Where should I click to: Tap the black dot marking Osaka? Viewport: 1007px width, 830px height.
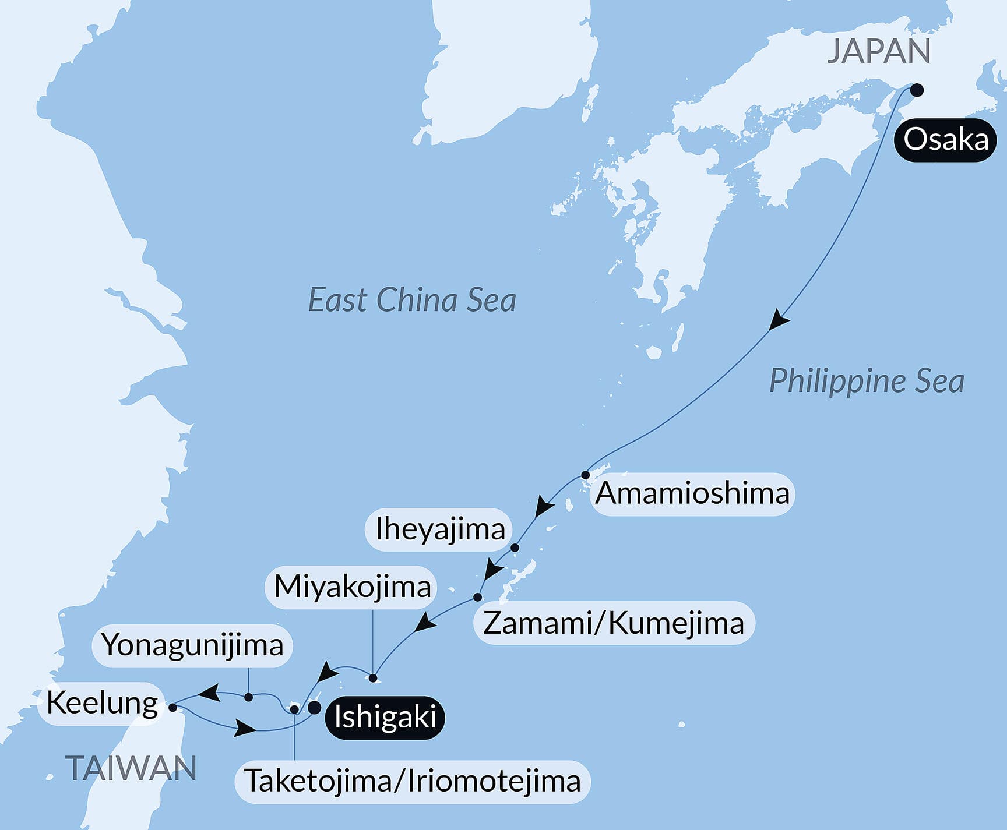(x=917, y=90)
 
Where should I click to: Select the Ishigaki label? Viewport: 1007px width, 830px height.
(x=385, y=717)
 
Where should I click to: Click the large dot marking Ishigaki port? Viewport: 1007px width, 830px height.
(x=314, y=708)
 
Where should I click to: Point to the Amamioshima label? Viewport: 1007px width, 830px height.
(x=692, y=493)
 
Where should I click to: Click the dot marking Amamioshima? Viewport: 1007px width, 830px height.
(x=586, y=475)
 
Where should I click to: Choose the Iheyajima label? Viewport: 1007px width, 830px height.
(x=440, y=529)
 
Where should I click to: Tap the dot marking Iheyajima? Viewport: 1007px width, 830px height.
(x=515, y=548)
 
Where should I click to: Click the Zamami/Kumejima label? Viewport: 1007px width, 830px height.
(x=614, y=623)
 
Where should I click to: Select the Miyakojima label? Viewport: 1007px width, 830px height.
(x=353, y=587)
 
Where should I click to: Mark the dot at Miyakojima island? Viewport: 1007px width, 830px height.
(x=373, y=678)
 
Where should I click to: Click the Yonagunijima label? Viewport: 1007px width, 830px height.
(x=192, y=645)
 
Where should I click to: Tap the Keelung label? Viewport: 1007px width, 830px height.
(x=102, y=703)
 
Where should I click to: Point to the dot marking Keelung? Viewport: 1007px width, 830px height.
(x=172, y=708)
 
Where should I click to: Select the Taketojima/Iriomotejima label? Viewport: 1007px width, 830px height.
(x=413, y=781)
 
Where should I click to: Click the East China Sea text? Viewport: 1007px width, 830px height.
(x=412, y=301)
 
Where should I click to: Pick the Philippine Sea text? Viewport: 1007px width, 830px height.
(x=867, y=382)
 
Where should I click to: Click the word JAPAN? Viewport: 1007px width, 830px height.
(x=879, y=51)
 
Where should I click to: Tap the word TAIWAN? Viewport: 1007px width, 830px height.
(x=131, y=768)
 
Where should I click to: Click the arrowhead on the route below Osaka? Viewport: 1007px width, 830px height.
(x=778, y=321)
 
